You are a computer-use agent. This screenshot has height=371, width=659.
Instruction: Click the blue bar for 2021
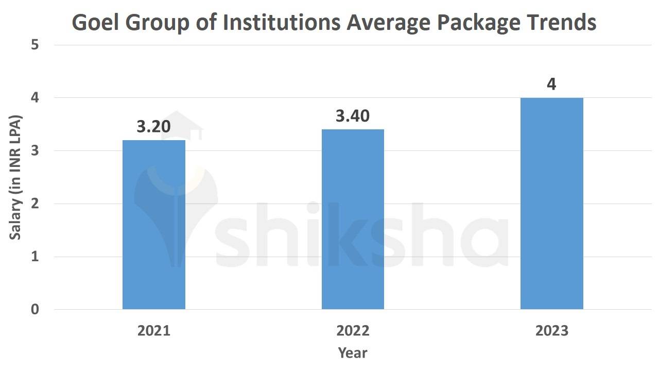(x=153, y=225)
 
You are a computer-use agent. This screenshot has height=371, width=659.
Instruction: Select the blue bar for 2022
(x=353, y=219)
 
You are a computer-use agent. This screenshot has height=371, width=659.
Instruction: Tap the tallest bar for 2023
(x=551, y=204)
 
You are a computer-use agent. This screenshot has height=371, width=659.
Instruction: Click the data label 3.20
(x=153, y=127)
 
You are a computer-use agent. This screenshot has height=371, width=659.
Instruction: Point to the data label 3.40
(x=353, y=116)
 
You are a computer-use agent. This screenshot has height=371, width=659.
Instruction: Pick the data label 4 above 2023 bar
(x=551, y=84)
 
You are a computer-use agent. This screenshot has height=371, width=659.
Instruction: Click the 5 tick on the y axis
(x=35, y=45)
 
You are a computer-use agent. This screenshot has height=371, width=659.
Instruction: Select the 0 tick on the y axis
(x=35, y=310)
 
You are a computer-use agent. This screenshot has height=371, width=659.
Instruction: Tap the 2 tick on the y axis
(x=35, y=204)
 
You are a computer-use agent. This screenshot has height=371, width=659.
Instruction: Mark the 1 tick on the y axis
(x=35, y=257)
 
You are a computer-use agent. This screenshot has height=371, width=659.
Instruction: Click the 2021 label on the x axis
(x=153, y=331)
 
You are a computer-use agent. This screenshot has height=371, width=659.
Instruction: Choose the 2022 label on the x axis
(x=353, y=331)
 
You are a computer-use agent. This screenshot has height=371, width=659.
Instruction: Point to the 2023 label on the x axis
(x=551, y=331)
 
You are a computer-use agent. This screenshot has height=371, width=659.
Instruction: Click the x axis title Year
(x=353, y=353)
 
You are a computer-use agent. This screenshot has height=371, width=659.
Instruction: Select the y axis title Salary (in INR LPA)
(x=15, y=177)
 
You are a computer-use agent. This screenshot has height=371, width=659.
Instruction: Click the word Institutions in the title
(x=282, y=23)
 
